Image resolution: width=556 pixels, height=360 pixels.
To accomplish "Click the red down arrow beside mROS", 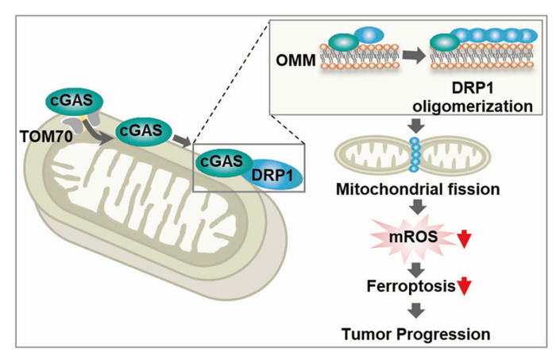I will click(465, 237).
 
